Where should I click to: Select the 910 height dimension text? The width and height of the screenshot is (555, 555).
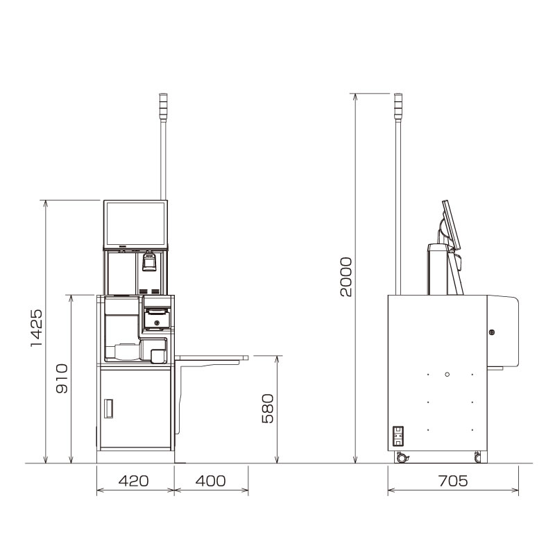[63, 378]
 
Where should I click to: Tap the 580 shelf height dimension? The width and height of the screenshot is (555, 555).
[268, 409]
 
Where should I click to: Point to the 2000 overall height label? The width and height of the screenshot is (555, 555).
[346, 276]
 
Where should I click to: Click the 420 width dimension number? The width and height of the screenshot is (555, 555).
[133, 481]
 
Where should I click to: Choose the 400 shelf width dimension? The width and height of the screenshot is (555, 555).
[210, 481]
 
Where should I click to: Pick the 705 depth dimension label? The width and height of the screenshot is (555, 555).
[452, 481]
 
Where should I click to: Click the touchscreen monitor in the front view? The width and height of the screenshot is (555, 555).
[135, 223]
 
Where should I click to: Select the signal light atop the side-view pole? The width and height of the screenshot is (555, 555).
[398, 106]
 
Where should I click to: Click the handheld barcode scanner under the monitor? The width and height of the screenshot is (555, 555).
[148, 262]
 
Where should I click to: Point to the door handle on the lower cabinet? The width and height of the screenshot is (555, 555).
[108, 409]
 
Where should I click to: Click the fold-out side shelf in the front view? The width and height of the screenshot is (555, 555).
[211, 358]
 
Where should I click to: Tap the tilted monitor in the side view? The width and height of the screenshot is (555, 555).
[452, 225]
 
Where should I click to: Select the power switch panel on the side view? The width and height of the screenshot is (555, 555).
[398, 436]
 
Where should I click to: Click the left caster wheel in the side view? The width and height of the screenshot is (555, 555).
[401, 458]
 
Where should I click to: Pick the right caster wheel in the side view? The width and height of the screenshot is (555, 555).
[477, 457]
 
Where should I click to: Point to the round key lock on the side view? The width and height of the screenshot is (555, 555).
[492, 332]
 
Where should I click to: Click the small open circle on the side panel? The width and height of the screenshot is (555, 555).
[447, 375]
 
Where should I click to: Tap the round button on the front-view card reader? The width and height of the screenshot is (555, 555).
[157, 323]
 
